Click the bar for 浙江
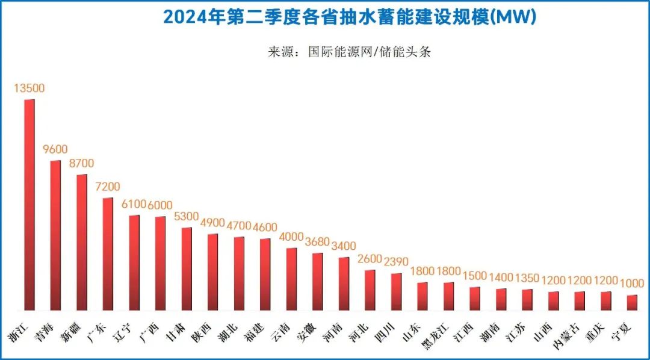tap(29, 205)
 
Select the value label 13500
tap(29, 88)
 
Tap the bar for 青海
tap(55, 235)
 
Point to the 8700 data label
tap(82, 164)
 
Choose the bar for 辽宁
tap(134, 262)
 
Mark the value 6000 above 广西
tap(161, 205)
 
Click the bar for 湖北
tap(240, 273)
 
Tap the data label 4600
tap(265, 228)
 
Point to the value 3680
tap(318, 242)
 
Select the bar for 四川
tap(396, 291)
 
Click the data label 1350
tap(527, 278)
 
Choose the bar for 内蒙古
tap(580, 300)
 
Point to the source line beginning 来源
tap(349, 52)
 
